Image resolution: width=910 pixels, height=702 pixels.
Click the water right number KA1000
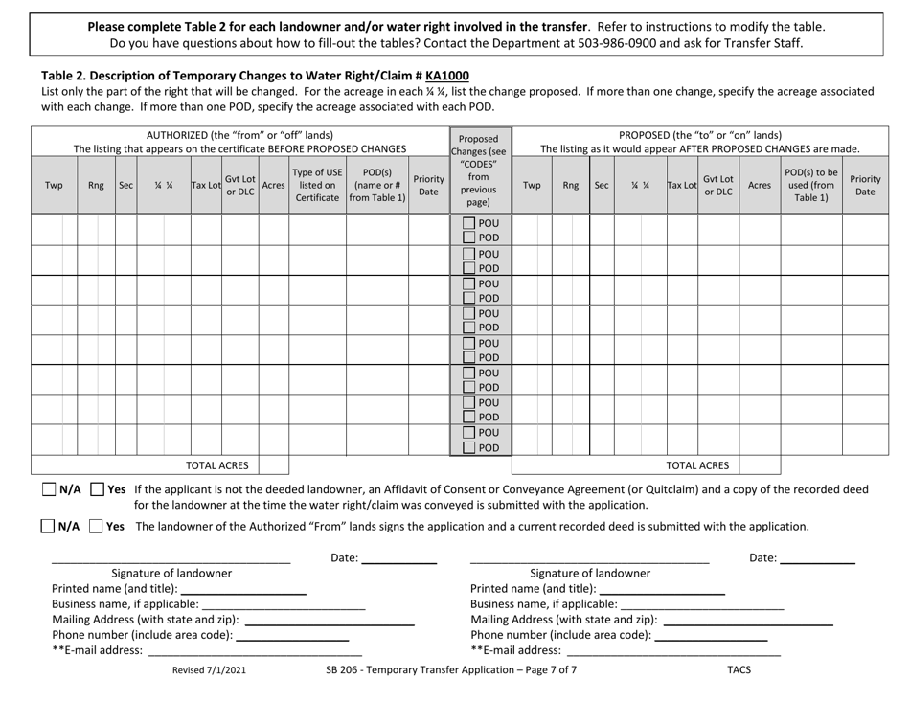click(x=447, y=75)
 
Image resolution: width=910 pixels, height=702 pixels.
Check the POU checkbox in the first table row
click(x=468, y=224)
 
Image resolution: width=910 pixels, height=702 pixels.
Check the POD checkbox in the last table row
click(x=468, y=448)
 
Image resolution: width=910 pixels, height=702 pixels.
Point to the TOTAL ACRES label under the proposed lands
click(x=696, y=466)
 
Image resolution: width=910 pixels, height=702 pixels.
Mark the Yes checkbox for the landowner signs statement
click(x=96, y=526)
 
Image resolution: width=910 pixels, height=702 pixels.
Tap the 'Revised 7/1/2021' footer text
click(x=209, y=670)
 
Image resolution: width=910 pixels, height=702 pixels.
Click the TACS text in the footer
click(x=739, y=670)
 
